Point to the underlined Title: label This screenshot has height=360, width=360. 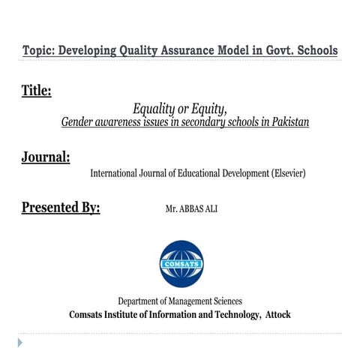[36, 91]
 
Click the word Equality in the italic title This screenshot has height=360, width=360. [153, 109]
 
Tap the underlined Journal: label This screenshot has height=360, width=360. [45, 157]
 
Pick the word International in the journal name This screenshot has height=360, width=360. [119, 173]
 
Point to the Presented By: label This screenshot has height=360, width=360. [60, 208]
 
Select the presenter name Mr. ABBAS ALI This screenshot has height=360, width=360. [190, 209]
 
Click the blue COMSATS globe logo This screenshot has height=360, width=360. [181, 263]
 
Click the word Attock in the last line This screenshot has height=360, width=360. [277, 315]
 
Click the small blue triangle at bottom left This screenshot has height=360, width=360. [20, 343]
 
